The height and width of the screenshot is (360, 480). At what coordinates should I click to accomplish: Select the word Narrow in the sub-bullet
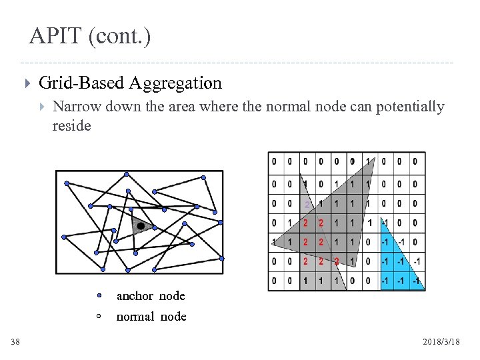[75, 107]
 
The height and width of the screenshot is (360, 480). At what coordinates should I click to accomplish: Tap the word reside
[71, 125]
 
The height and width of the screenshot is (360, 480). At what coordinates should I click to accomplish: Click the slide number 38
[15, 342]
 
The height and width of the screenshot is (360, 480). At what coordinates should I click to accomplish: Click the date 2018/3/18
[441, 342]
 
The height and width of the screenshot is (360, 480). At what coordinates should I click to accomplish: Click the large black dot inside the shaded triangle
[141, 227]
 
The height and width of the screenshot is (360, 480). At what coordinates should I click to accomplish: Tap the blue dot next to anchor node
[98, 295]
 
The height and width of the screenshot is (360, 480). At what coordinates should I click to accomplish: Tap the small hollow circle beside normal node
[98, 316]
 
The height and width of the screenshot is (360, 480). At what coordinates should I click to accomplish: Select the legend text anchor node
[151, 295]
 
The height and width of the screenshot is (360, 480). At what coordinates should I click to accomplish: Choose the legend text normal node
[151, 317]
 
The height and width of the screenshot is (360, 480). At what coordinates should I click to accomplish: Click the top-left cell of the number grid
[274, 161]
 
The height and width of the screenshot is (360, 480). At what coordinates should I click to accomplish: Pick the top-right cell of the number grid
[415, 161]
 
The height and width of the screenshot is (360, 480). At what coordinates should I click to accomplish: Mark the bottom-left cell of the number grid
[274, 281]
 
